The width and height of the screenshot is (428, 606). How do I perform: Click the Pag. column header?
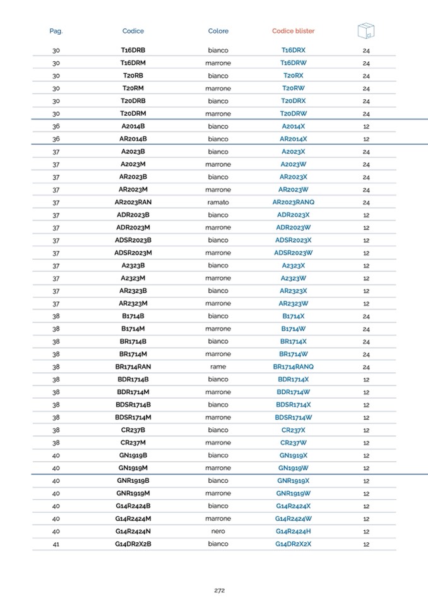(56, 31)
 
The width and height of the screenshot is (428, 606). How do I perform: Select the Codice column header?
(133, 31)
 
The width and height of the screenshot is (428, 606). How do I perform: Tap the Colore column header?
(218, 31)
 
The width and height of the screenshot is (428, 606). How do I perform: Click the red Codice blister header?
(293, 31)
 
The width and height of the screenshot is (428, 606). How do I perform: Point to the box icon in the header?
(366, 30)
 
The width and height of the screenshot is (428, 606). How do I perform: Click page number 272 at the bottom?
(219, 590)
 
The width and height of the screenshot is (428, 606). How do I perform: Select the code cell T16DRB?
(133, 50)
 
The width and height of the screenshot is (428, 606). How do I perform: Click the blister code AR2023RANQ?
(293, 202)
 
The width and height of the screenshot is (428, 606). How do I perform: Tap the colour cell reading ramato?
(218, 202)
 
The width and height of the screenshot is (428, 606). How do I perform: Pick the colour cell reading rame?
(218, 367)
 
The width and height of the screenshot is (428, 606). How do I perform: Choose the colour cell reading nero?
(218, 531)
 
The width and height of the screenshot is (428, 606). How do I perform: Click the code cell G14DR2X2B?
(133, 544)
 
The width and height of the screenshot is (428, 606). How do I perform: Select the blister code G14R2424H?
(293, 531)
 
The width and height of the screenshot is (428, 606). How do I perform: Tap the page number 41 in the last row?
(56, 544)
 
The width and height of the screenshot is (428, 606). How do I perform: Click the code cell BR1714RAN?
(133, 367)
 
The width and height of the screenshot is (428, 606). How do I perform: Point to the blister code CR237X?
(293, 430)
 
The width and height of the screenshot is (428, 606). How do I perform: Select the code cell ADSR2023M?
(133, 253)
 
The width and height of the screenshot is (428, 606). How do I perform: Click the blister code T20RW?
(293, 88)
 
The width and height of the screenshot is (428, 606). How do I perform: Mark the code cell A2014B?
(133, 126)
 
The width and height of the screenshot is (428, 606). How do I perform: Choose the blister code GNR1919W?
(293, 493)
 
